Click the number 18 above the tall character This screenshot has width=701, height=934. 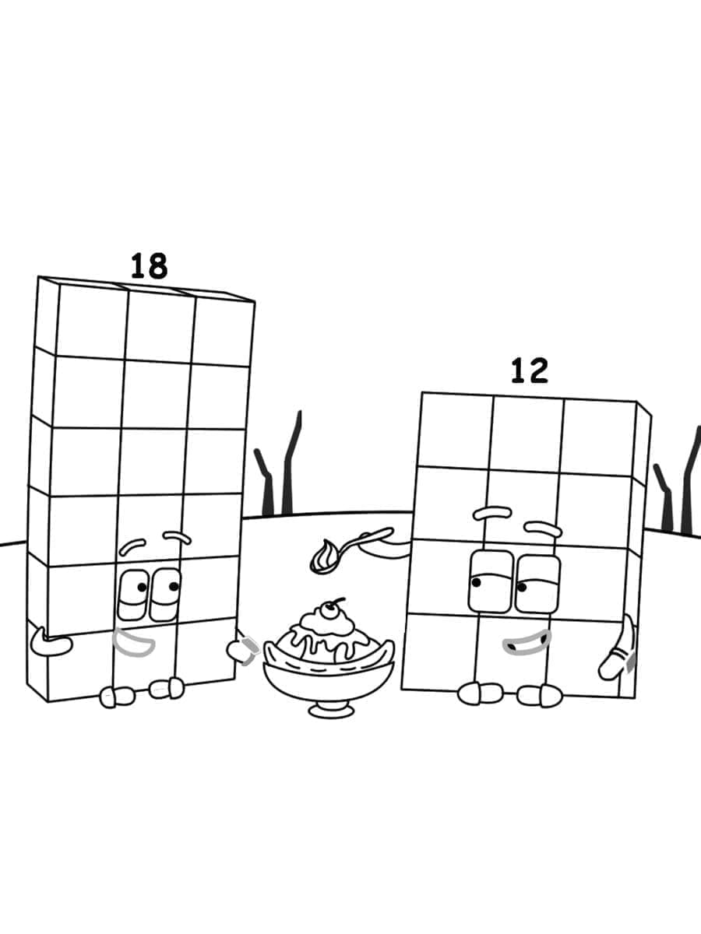point(148,266)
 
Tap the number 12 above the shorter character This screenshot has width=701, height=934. point(529,370)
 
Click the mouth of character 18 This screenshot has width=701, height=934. point(134,641)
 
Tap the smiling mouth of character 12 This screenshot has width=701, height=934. point(527,642)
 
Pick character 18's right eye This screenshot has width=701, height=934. point(166,593)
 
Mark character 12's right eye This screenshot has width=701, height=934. point(537,584)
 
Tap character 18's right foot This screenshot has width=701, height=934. point(167,688)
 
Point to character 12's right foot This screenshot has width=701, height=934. point(540,695)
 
